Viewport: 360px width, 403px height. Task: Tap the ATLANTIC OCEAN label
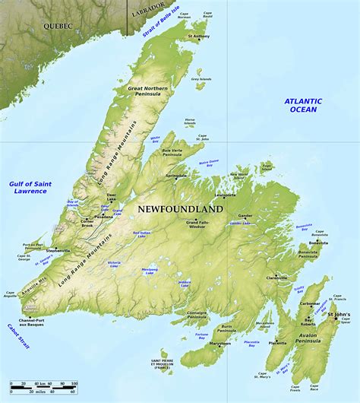pos(303,105)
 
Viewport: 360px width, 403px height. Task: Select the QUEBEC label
pos(57,25)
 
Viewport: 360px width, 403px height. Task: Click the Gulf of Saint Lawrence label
pos(29,187)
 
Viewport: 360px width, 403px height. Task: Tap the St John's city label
pos(338,314)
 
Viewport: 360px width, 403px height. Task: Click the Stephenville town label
pos(58,249)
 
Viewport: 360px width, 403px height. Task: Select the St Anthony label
pos(199,36)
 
